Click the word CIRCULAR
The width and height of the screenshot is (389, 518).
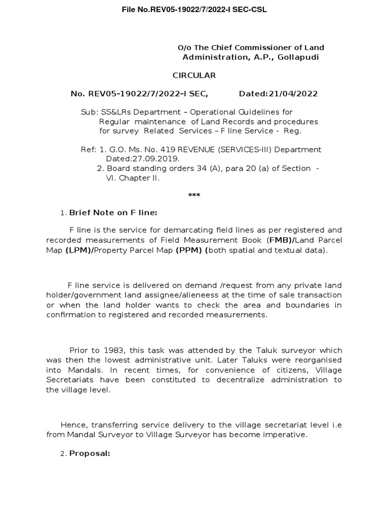194,75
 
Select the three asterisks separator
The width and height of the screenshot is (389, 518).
194,196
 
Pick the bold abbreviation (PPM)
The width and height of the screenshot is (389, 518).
190,250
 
